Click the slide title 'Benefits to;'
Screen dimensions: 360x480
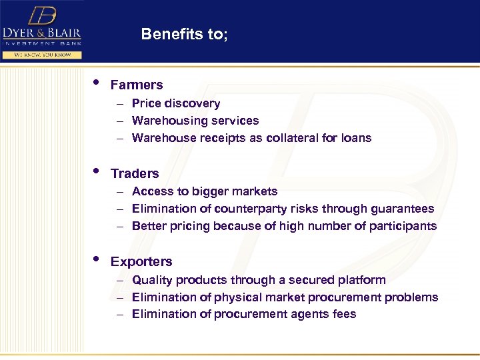184,35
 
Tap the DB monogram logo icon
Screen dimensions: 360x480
42,16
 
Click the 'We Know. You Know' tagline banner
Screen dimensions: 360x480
41,55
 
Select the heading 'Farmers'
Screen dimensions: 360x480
137,85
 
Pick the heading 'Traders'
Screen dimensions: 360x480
135,173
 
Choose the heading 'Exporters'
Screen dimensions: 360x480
141,261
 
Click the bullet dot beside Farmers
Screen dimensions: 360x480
97,83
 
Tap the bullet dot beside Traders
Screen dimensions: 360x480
97,171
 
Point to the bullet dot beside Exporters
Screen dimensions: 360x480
97,259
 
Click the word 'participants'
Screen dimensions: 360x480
403,226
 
